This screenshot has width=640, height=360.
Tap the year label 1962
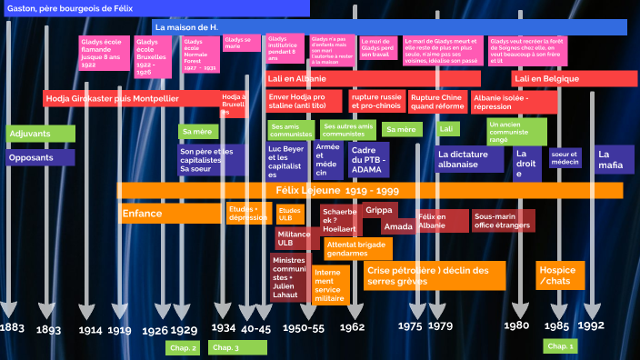point(352,327)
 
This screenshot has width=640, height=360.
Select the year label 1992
point(590,326)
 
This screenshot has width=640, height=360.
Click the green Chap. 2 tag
point(183,347)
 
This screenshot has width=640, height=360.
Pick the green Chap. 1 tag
point(559,346)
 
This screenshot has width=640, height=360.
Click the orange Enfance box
point(171,214)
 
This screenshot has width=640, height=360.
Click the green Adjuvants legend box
point(40,134)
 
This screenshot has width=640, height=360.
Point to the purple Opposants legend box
point(40,157)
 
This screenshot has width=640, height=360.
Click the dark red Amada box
point(398,226)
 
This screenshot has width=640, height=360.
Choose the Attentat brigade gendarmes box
point(357,248)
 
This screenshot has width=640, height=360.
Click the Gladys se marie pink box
point(240,44)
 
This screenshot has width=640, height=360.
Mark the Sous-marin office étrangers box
point(503,221)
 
